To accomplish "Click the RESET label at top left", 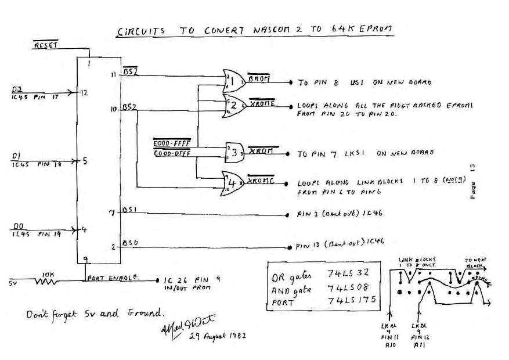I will click(x=44, y=45).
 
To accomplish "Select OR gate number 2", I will click(x=234, y=105).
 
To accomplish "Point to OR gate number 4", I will click(x=234, y=182).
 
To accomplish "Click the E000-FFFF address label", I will click(x=171, y=142).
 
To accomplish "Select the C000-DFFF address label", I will click(x=171, y=153).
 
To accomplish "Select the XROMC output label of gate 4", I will click(x=259, y=181).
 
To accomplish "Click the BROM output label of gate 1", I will click(x=257, y=77).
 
